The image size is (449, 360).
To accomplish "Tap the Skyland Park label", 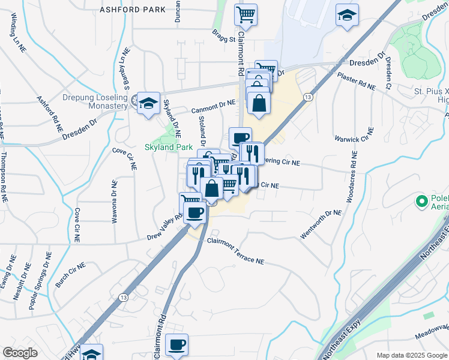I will point(168,147).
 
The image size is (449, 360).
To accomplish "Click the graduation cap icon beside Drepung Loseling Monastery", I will point(148,103).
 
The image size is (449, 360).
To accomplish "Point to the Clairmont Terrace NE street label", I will point(236,251).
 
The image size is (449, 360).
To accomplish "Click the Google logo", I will point(20,352).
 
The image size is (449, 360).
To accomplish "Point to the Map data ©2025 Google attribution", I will point(412,355).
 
